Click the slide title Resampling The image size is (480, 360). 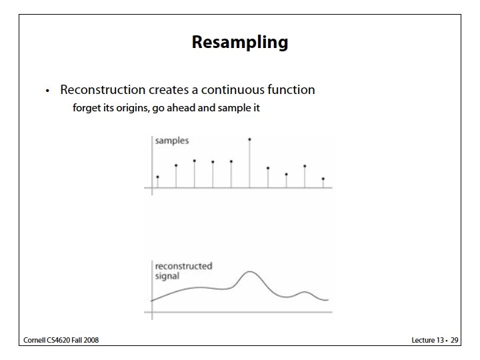[x=240, y=43]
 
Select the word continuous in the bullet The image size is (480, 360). [x=226, y=89]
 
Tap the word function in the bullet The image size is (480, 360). [x=291, y=89]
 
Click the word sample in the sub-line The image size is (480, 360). [x=233, y=107]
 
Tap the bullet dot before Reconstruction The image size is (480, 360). [x=47, y=91]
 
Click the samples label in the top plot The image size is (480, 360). [x=171, y=141]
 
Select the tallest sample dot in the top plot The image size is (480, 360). [x=249, y=139]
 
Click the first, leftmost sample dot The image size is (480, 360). [x=157, y=177]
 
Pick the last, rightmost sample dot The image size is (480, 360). [x=323, y=179]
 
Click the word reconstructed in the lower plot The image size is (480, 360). [x=183, y=266]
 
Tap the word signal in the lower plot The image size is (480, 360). [x=167, y=275]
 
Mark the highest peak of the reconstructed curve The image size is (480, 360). [x=249, y=272]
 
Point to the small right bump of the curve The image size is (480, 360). [x=305, y=292]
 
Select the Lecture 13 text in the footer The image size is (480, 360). [x=427, y=340]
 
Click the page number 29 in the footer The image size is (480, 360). [x=454, y=340]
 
